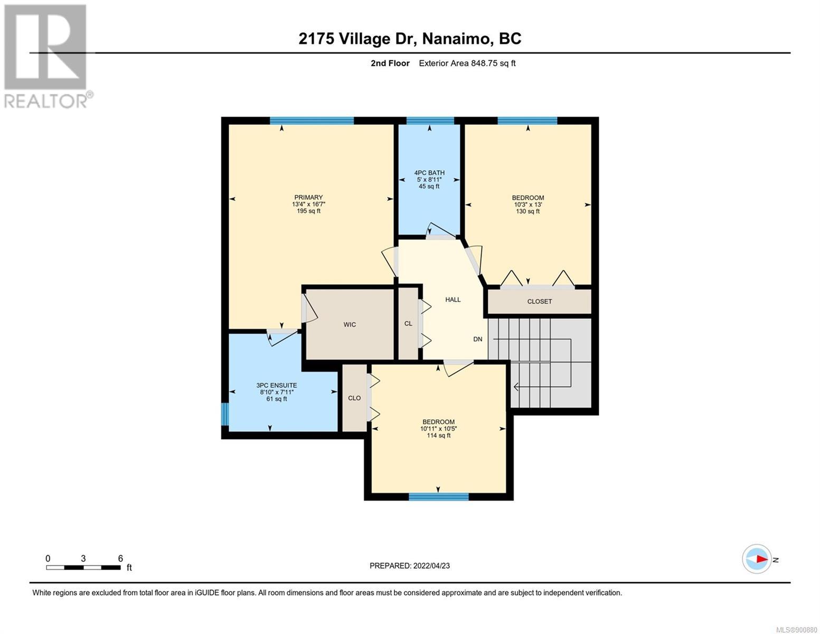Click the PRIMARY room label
tap(308, 197)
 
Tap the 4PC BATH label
tap(429, 173)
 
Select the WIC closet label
tap(350, 324)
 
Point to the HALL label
tap(453, 300)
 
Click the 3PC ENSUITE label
tap(277, 385)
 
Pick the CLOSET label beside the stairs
tap(539, 301)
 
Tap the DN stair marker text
tap(478, 339)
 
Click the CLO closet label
tap(354, 398)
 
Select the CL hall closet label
tap(408, 324)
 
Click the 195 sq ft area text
tap(308, 211)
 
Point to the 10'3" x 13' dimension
tap(527, 204)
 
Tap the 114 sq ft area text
tap(438, 435)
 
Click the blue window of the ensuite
tap(224, 414)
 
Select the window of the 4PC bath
tap(430, 121)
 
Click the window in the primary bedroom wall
tap(312, 121)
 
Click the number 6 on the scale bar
tap(120, 558)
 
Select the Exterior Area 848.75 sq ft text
tap(467, 63)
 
